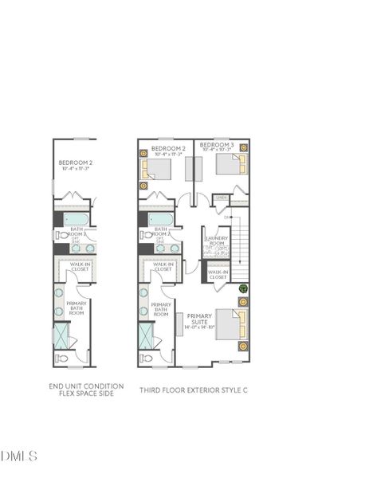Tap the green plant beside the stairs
click(243, 289)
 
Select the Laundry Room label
click(217, 241)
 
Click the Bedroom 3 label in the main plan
click(217, 147)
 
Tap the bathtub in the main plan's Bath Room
click(157, 218)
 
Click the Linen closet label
click(222, 198)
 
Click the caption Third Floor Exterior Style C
click(194, 390)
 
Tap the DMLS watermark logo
click(20, 456)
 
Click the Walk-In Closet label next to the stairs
click(218, 275)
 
